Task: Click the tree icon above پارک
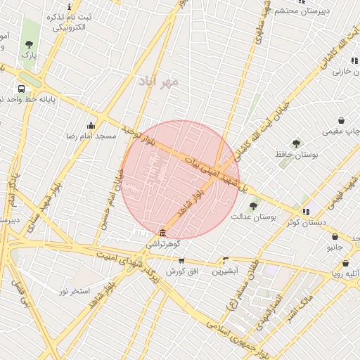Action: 29,44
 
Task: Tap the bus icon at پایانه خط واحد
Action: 22,89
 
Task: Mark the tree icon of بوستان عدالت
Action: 254,206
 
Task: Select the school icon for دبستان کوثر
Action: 306,212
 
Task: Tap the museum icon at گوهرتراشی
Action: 163,233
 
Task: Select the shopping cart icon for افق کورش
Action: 181,260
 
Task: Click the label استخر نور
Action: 75,290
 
